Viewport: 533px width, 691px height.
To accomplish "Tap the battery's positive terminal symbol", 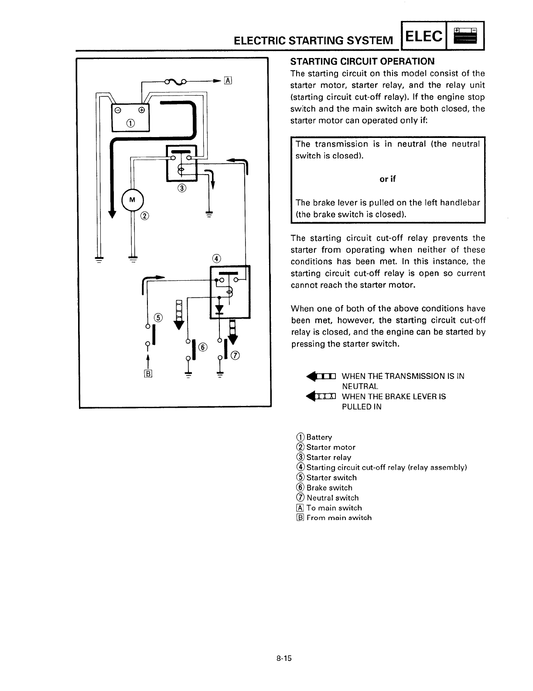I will (141, 110).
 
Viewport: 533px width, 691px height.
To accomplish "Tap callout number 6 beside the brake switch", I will (202, 347).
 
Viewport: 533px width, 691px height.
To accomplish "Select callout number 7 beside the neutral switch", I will (235, 355).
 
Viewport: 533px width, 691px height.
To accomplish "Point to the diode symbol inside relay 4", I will (219, 309).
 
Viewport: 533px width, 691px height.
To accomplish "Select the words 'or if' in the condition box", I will (387, 179).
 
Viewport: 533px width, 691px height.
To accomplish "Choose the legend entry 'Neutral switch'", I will (332, 498).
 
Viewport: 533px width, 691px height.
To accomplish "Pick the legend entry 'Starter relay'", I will (328, 457).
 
